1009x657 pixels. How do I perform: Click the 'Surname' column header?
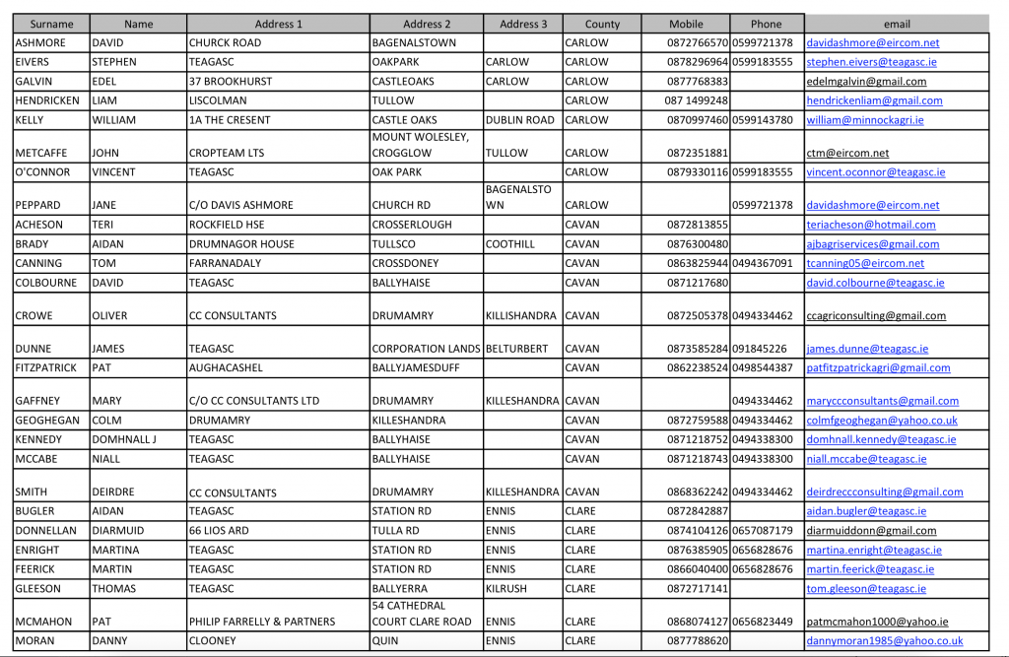point(51,24)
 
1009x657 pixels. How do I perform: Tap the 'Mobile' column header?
point(686,24)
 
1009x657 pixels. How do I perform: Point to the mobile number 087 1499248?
point(697,100)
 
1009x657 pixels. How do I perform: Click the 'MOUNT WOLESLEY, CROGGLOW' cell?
point(421,145)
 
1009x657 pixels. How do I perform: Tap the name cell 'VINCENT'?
point(116,172)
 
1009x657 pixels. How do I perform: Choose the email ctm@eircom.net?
point(847,154)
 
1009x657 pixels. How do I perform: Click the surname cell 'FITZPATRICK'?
point(46,368)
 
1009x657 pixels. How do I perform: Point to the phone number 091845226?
point(760,349)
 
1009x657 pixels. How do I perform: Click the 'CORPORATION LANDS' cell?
point(426,349)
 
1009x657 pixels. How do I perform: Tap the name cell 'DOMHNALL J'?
point(123,440)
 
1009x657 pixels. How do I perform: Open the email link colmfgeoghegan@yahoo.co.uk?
point(881,421)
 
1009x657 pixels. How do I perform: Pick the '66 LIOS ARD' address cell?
point(219,531)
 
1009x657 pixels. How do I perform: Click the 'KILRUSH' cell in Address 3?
point(506,589)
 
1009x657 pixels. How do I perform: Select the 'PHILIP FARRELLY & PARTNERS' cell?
point(262,622)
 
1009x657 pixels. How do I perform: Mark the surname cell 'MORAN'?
point(37,641)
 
